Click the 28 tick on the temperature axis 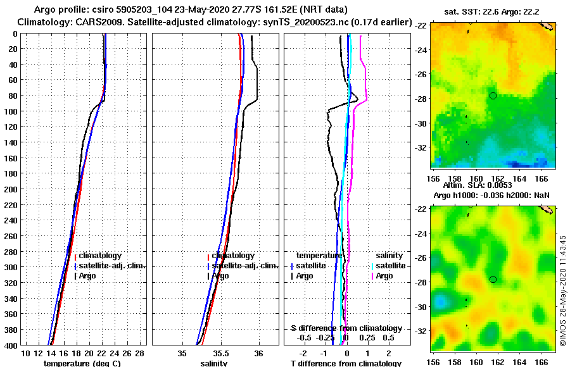pos(140,352)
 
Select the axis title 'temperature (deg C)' pos(82,363)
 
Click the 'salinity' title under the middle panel pos(214,363)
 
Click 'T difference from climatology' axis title pos(346,363)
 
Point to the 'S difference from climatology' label pos(346,328)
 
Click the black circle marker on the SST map pos(493,96)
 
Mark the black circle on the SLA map pos(493,279)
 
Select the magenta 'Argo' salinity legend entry pos(384,276)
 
